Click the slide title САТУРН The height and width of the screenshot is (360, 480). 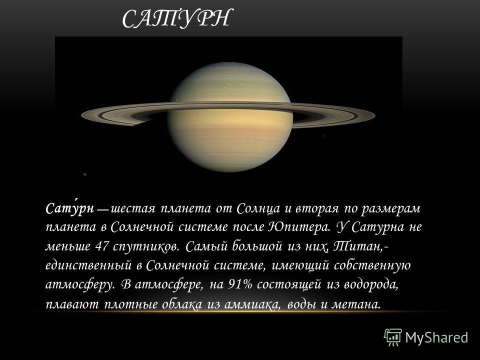(175, 18)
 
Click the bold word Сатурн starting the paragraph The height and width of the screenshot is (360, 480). (69, 208)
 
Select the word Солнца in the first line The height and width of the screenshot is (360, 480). (258, 209)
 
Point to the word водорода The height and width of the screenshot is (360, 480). (370, 285)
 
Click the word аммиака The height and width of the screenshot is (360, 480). (251, 304)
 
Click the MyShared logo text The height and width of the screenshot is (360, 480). (437, 337)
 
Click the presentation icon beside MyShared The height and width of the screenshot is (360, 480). (393, 337)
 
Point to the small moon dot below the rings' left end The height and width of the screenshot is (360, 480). (85, 174)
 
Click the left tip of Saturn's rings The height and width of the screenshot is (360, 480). (81, 115)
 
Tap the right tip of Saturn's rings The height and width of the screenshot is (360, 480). (374, 115)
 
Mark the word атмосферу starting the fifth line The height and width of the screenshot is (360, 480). (79, 285)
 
